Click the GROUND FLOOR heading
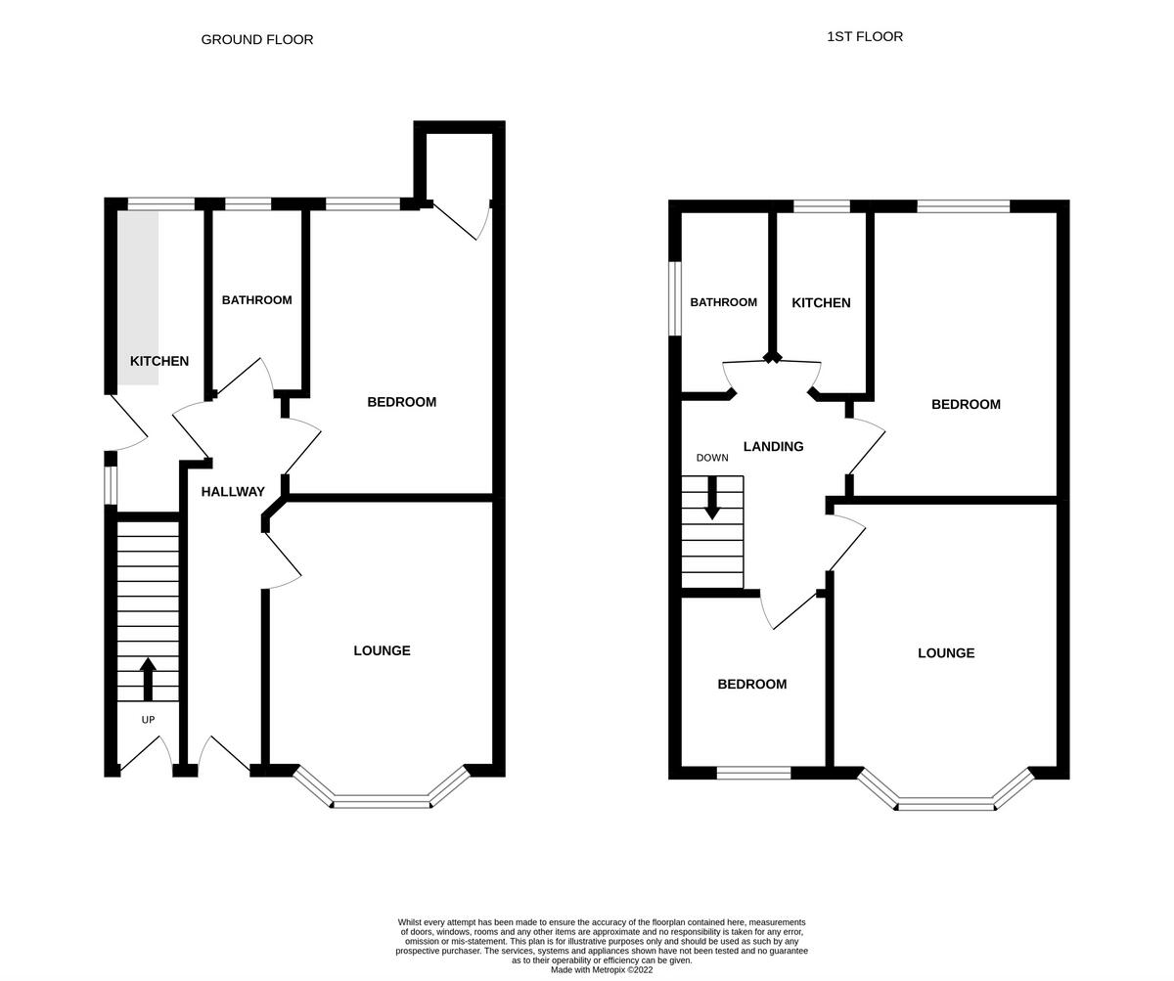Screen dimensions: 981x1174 click(x=257, y=40)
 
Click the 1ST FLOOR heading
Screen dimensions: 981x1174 click(x=865, y=37)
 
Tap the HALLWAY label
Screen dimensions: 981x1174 click(x=233, y=492)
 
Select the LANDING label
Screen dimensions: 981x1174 click(x=773, y=447)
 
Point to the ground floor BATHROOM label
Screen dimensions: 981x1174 click(x=256, y=300)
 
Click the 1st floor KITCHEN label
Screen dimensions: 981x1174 click(x=821, y=303)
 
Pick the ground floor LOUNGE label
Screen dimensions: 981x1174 click(x=382, y=651)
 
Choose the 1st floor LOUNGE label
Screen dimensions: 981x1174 click(x=946, y=653)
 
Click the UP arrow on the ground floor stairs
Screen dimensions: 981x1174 click(x=148, y=679)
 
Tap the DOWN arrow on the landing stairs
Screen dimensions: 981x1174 click(x=712, y=497)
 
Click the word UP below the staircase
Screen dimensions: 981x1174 click(x=148, y=720)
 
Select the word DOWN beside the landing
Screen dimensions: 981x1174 click(x=712, y=458)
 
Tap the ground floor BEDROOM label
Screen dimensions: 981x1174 click(x=401, y=402)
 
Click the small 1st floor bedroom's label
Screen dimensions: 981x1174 click(x=751, y=685)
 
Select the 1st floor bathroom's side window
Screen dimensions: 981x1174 click(x=675, y=298)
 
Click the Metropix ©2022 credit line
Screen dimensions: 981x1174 click(x=602, y=970)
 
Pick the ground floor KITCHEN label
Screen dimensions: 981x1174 click(x=159, y=362)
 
